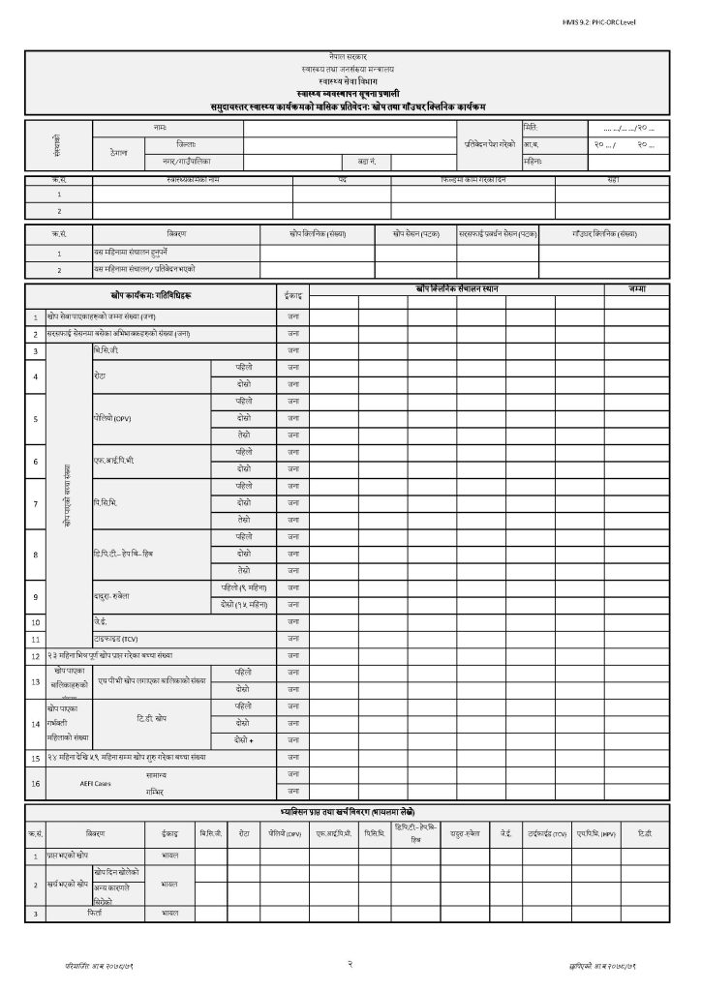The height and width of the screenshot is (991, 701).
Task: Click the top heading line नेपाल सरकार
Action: click(350, 60)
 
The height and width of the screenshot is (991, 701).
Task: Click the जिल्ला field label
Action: click(159, 143)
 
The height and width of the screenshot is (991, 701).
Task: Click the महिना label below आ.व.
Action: click(533, 160)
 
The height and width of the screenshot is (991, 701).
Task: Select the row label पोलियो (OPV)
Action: click(112, 419)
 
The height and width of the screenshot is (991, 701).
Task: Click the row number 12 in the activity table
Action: click(36, 656)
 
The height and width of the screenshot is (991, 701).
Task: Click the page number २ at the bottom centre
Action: click(349, 964)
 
